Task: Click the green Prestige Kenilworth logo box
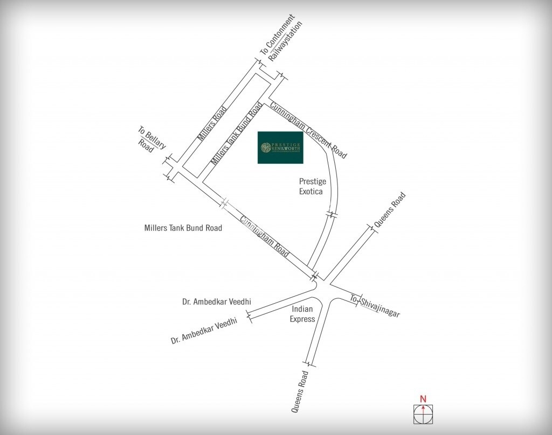(x=280, y=148)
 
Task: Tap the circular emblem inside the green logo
(x=265, y=148)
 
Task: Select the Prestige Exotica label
(x=313, y=186)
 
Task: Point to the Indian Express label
(x=302, y=314)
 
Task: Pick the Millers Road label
(x=210, y=123)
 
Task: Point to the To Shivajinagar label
(x=375, y=306)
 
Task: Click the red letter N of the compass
(x=423, y=399)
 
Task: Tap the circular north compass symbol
(x=423, y=415)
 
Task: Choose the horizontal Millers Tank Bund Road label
(x=183, y=228)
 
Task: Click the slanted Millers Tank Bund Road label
(x=237, y=132)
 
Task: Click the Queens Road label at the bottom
(x=300, y=391)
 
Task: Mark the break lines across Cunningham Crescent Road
(x=332, y=215)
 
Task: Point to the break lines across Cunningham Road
(x=226, y=203)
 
